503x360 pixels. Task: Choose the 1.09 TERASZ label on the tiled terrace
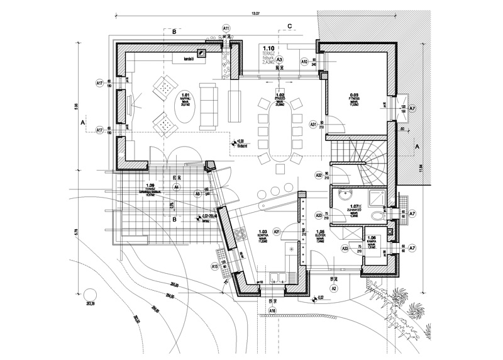tap(148, 191)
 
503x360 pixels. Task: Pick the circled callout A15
tap(214, 267)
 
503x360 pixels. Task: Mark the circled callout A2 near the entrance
tap(334, 289)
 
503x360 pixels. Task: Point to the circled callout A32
tap(319, 176)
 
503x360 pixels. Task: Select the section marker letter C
tap(289, 25)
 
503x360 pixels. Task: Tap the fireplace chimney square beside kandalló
tap(202, 53)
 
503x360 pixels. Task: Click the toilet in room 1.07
tap(377, 217)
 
